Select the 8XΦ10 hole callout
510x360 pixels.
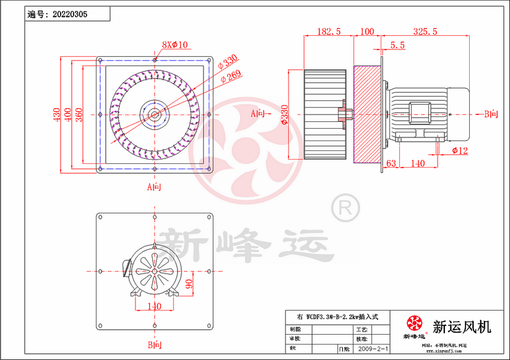click(175, 45)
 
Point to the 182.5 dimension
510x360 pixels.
click(329, 31)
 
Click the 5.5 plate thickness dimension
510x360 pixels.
click(398, 45)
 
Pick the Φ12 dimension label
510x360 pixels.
click(460, 150)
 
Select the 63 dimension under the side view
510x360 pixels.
click(391, 163)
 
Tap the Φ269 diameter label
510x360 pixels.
click(231, 75)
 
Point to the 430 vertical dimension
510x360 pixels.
click(56, 115)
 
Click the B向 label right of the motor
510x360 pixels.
click(491, 114)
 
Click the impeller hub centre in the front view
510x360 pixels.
click(153, 114)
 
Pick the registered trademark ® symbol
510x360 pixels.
click(344, 208)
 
